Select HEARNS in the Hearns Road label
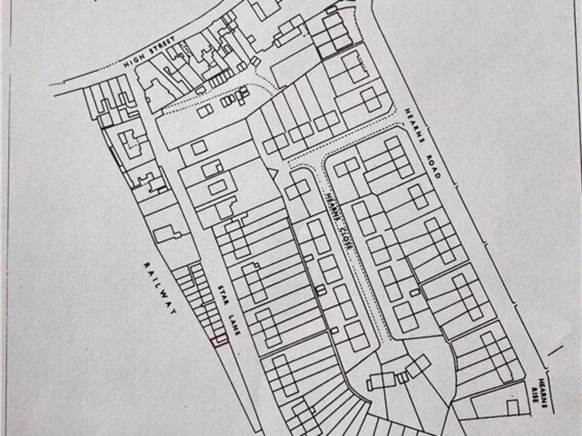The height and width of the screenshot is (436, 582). pos(415,124)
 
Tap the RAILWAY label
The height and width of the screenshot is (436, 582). pos(160,287)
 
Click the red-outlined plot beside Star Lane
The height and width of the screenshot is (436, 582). pos(219,340)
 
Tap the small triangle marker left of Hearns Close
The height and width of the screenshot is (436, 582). pos(272,173)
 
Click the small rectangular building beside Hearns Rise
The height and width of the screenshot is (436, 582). pos(513,408)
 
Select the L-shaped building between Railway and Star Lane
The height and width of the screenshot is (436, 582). pos(167,233)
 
